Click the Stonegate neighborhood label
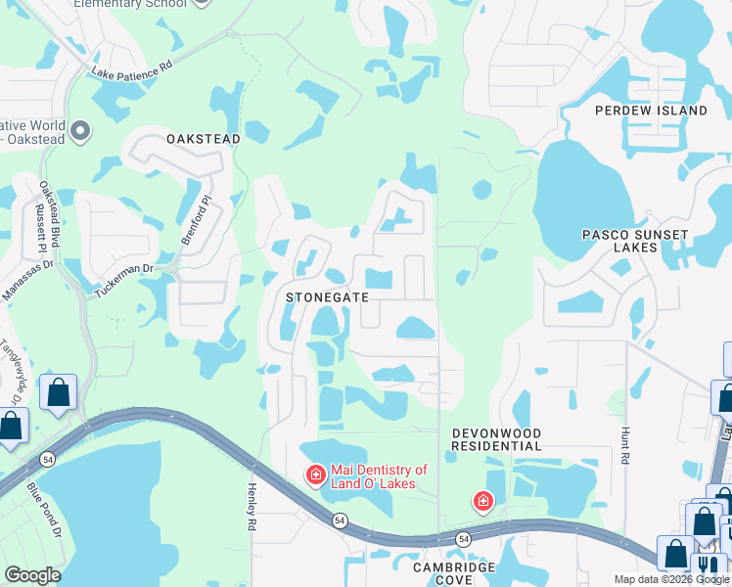(x=327, y=296)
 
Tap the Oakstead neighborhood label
(x=204, y=140)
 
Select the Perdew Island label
(x=651, y=111)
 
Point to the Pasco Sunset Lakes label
(x=635, y=242)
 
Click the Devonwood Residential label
(x=496, y=439)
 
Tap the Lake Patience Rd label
(x=131, y=71)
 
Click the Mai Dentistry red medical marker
(x=315, y=476)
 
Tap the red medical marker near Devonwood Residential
(x=482, y=502)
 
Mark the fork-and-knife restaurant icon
(x=707, y=568)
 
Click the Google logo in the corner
(x=32, y=575)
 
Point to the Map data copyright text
(x=670, y=579)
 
